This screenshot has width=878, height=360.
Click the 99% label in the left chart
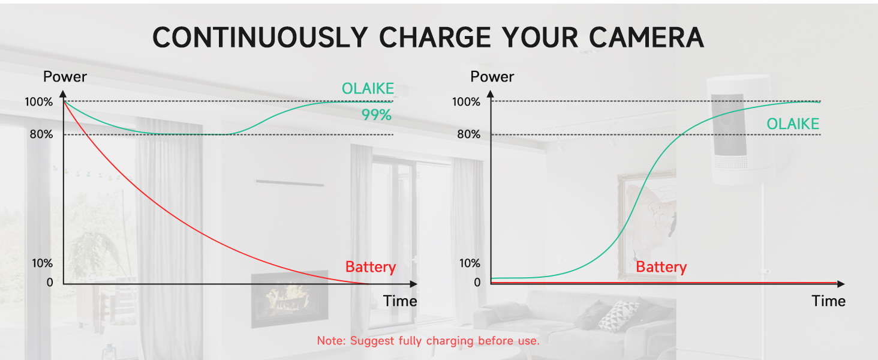(376, 115)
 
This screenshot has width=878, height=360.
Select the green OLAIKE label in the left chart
(368, 89)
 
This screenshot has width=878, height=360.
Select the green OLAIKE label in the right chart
(792, 124)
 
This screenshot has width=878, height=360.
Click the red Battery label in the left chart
(370, 267)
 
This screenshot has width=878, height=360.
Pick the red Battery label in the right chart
(661, 267)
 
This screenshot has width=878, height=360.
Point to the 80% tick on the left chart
(41, 134)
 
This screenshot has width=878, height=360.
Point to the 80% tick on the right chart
(468, 134)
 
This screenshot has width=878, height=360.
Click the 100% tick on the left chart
(38, 102)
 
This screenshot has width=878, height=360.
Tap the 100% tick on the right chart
(466, 102)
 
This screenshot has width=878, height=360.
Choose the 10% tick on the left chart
(42, 263)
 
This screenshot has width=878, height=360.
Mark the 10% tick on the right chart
(469, 263)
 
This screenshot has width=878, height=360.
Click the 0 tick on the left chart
(50, 282)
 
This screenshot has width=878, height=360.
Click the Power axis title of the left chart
(65, 77)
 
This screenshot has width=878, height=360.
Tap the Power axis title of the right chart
(492, 77)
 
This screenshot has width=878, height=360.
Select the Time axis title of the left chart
(400, 301)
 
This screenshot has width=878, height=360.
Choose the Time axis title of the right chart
(828, 301)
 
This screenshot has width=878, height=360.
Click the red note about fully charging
(428, 341)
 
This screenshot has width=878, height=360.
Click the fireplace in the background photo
(289, 298)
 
